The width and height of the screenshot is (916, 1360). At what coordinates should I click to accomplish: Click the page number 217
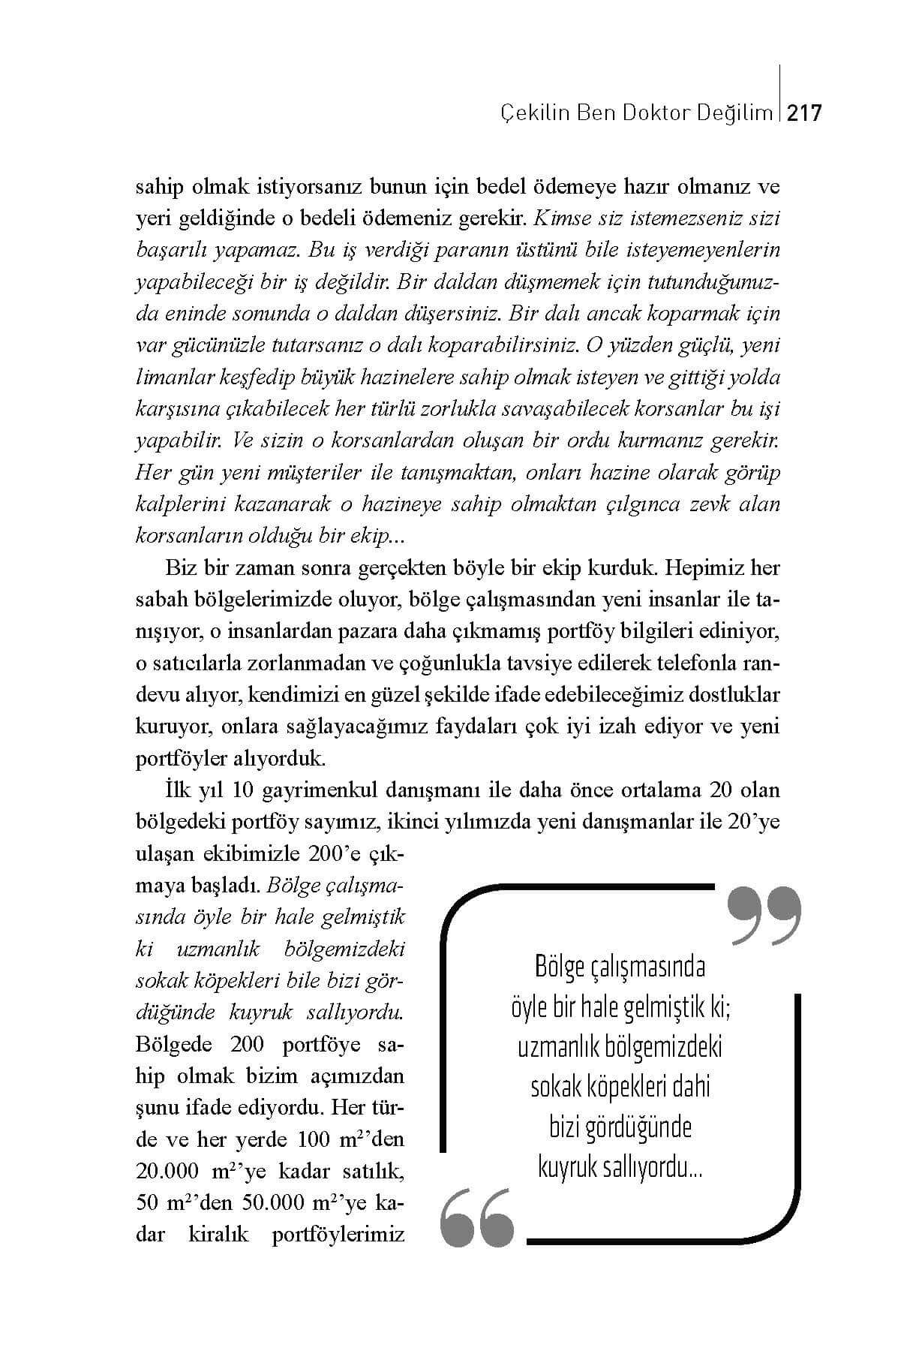[x=806, y=113]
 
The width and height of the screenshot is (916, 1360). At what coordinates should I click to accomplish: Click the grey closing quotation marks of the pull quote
[x=764, y=915]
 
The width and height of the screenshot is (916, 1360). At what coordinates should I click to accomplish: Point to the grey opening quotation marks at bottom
[x=477, y=1217]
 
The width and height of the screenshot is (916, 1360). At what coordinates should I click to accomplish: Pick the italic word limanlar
[x=168, y=378]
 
